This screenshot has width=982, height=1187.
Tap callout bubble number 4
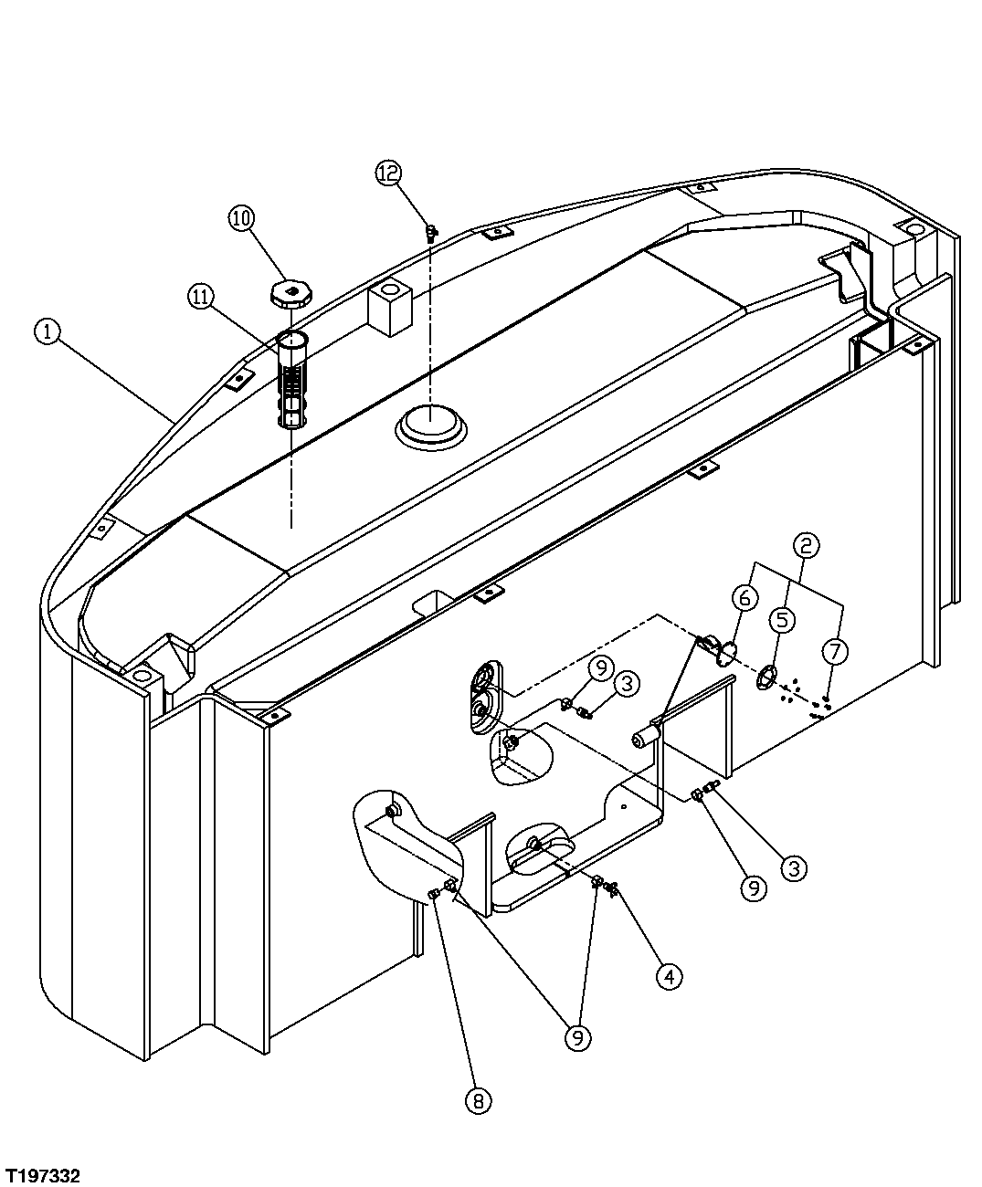pyautogui.click(x=669, y=977)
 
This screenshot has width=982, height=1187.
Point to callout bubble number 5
pyautogui.click(x=782, y=620)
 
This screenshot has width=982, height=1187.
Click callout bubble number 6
pyautogui.click(x=744, y=597)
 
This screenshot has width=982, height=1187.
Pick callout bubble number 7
pyautogui.click(x=834, y=651)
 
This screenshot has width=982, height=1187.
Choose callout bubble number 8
pyautogui.click(x=477, y=1101)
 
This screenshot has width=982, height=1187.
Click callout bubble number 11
pyautogui.click(x=202, y=296)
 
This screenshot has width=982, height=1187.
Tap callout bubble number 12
pyautogui.click(x=388, y=173)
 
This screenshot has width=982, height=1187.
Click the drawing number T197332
pyautogui.click(x=42, y=1171)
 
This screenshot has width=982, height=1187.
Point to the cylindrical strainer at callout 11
pyautogui.click(x=291, y=381)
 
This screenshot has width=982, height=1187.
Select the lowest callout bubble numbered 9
pyautogui.click(x=577, y=1036)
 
